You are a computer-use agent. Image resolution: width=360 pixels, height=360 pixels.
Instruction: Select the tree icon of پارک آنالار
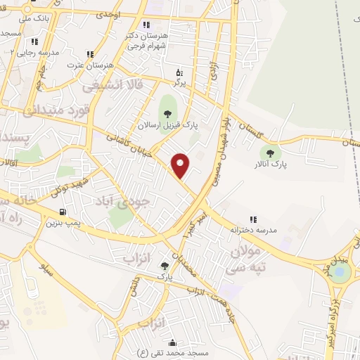tap(269, 152)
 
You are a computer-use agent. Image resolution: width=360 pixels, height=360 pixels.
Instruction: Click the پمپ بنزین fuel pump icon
tap(64, 212)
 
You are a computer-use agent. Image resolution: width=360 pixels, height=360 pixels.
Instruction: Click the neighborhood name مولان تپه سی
tap(250, 258)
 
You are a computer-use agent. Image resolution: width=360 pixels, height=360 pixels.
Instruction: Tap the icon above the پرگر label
tap(179, 72)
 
